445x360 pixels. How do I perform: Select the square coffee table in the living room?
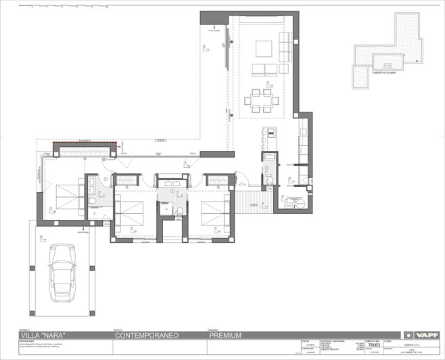[264, 48]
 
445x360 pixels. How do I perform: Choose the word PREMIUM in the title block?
[225, 335]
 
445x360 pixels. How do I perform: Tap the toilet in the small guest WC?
[268, 181]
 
